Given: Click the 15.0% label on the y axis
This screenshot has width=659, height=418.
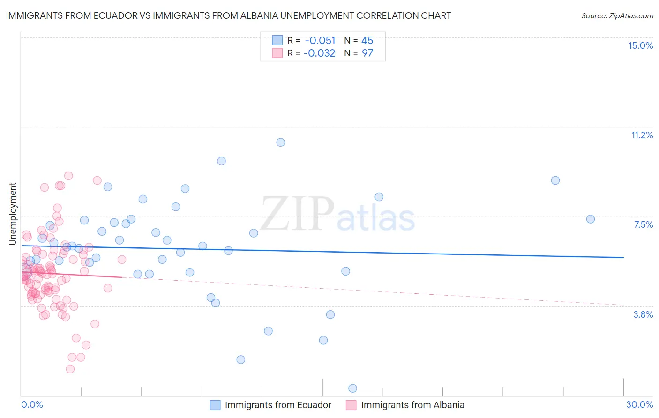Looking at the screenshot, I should point(640,45).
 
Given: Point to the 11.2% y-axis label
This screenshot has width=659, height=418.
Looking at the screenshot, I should point(642,135).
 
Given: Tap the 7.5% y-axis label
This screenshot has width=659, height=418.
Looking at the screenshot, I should point(643,224).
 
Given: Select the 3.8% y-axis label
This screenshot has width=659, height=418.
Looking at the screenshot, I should point(643,314).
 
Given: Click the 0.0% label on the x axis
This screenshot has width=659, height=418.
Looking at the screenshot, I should point(32,404).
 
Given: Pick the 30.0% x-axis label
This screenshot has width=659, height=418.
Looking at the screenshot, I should point(639,404).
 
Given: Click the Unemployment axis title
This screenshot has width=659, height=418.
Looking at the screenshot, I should point(13,214).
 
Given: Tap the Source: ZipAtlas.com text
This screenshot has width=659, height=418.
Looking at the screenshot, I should point(617,15).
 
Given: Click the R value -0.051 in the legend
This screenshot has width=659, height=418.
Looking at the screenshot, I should point(320,40).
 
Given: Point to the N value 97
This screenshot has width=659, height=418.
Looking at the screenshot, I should point(367,53).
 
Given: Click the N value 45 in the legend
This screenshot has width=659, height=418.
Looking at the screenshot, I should point(367,40).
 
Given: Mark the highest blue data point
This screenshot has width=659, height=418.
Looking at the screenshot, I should point(280,142).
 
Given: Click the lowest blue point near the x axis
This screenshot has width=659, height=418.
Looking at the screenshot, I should point(353,388).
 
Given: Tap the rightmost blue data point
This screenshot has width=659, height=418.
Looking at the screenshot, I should point(591,219).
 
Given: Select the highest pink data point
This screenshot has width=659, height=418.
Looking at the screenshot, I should point(68,176).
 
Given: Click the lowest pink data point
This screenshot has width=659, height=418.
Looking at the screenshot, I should point(70,369).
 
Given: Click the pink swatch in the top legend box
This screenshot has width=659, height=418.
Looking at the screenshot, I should point(277,53).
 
